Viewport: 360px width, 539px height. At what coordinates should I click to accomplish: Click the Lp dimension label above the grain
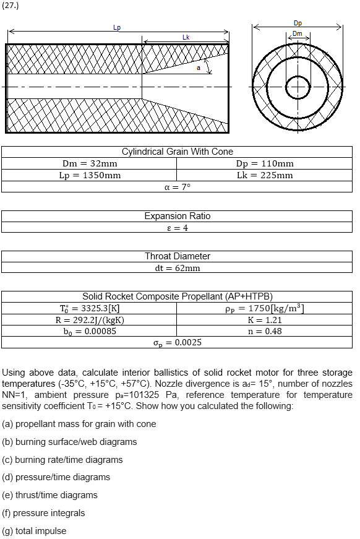point(118,27)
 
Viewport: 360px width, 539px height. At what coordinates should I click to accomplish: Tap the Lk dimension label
point(186,37)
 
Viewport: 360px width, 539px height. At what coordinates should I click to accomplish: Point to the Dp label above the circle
point(298,23)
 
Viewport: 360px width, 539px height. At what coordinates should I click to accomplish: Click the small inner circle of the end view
point(298,87)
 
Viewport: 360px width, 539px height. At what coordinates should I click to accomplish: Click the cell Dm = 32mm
point(90,163)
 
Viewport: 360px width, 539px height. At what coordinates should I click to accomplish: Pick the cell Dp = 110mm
point(265,163)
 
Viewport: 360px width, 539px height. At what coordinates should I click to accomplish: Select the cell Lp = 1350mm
point(90,175)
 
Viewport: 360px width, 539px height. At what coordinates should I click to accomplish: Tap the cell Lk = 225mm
point(265,175)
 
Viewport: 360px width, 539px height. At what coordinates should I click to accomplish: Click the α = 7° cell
point(177,187)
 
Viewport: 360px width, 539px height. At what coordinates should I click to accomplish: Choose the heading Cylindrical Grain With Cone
point(178,152)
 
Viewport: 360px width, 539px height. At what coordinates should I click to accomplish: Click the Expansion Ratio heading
point(178,216)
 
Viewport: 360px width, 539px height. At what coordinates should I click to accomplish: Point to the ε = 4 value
point(177,228)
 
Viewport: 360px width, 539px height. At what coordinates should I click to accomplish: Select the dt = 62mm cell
point(177,268)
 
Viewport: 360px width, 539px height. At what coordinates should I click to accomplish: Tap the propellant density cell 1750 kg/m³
point(265,308)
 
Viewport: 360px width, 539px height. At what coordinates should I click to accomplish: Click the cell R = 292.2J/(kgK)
point(90,320)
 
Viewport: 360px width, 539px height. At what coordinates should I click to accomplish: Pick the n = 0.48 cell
point(265,331)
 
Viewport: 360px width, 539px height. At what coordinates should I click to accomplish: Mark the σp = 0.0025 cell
point(177,342)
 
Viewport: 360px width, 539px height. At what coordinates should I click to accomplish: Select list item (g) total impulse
point(35,531)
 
